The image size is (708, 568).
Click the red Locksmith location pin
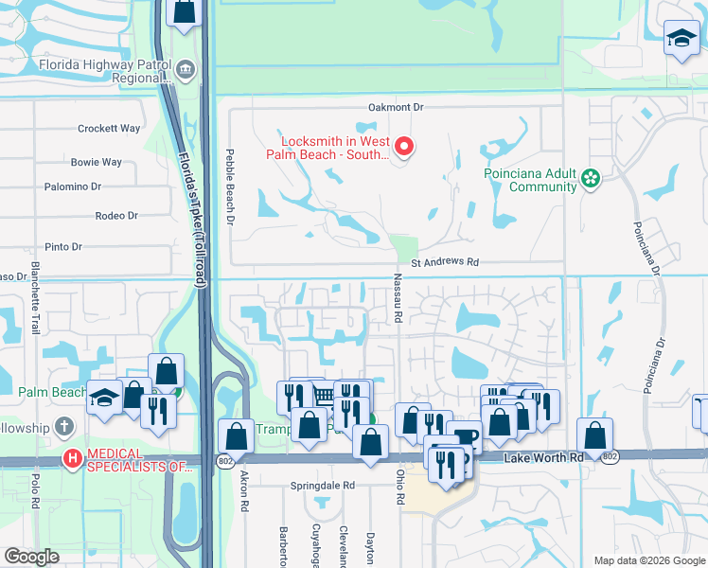point(404,146)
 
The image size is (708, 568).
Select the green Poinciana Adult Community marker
point(591,178)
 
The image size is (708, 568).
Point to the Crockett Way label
point(109,129)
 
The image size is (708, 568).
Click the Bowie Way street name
point(97,163)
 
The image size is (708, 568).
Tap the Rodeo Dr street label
point(116,216)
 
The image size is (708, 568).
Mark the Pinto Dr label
point(64,247)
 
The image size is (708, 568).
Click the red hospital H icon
point(72,459)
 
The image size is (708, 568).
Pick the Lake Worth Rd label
point(543,458)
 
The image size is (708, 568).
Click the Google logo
point(32,557)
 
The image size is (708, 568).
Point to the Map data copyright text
point(647,560)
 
